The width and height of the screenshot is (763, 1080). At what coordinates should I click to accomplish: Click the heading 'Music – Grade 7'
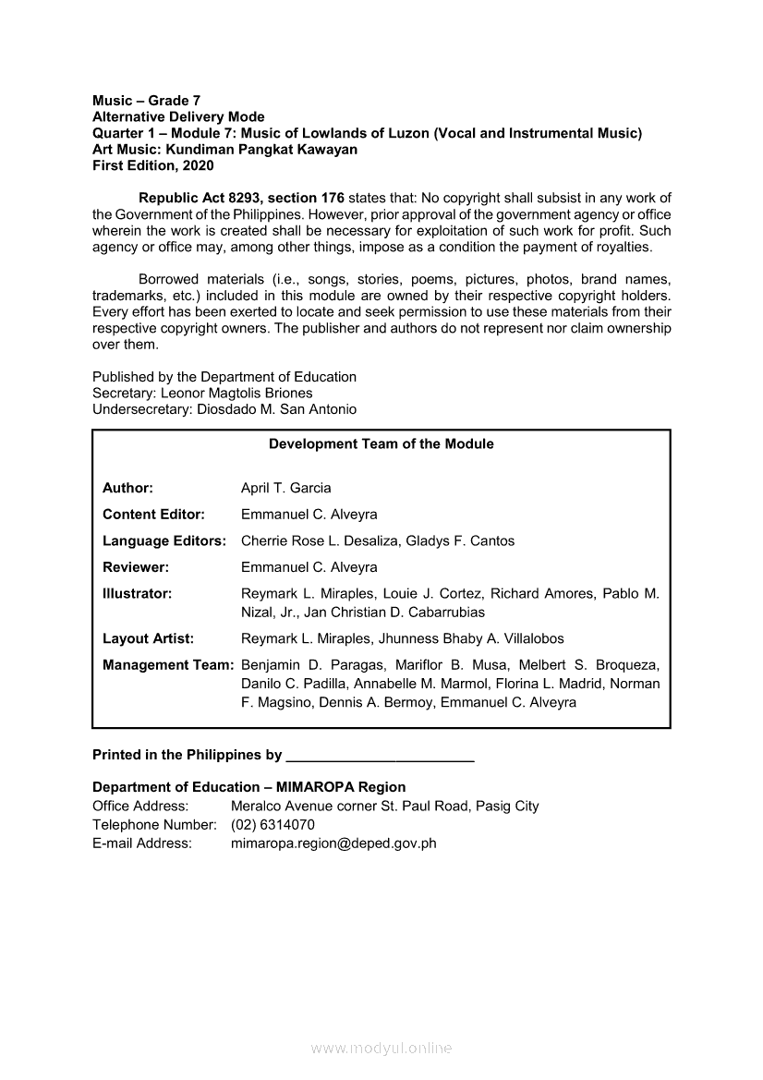(147, 100)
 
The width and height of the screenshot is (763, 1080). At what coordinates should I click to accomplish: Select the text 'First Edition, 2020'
(153, 165)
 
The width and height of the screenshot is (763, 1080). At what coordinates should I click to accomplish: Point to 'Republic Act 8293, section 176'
(241, 198)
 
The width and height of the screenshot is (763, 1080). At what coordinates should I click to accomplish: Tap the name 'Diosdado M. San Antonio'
(276, 409)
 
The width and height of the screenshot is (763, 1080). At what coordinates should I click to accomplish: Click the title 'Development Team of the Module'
(381, 444)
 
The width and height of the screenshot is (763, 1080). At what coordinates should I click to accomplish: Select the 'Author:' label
(127, 488)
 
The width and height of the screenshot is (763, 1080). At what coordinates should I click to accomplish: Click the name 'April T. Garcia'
(285, 488)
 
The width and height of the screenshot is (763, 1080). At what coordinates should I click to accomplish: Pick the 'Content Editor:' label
(153, 514)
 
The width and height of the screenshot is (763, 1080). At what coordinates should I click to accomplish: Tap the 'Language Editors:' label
(164, 540)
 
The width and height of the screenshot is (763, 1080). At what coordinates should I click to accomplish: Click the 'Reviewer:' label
(135, 567)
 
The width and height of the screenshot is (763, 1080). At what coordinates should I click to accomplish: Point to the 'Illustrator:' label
(137, 594)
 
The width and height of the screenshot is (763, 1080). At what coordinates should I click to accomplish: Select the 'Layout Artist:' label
(148, 638)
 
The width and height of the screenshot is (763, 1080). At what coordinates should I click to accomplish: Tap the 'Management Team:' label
(167, 665)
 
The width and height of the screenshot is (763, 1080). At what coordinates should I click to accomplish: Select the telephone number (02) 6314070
(272, 824)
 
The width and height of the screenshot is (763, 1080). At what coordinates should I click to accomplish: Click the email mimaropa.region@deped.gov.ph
(333, 843)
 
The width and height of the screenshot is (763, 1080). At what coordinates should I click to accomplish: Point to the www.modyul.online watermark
(381, 1048)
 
